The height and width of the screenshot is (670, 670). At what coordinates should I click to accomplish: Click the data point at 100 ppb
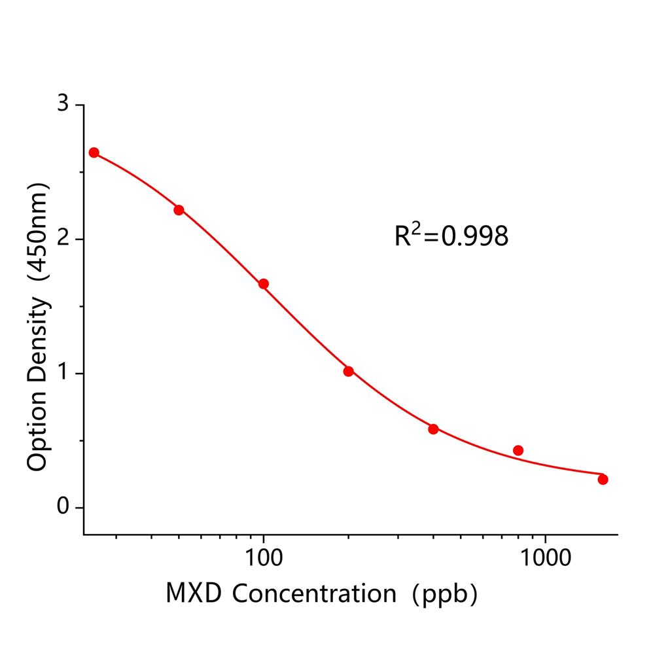263,284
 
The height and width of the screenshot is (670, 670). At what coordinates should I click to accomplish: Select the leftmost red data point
94,152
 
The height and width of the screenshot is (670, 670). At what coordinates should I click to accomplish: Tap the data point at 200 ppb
348,371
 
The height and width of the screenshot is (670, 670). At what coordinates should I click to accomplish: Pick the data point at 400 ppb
433,429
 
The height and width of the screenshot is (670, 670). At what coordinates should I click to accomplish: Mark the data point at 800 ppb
518,450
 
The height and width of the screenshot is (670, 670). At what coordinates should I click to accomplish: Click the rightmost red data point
603,480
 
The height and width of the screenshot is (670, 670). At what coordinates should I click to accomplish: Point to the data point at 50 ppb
179,210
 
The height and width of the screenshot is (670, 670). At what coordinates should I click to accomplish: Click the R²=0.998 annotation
451,236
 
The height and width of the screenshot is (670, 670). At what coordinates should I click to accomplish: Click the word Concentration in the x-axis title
314,593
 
